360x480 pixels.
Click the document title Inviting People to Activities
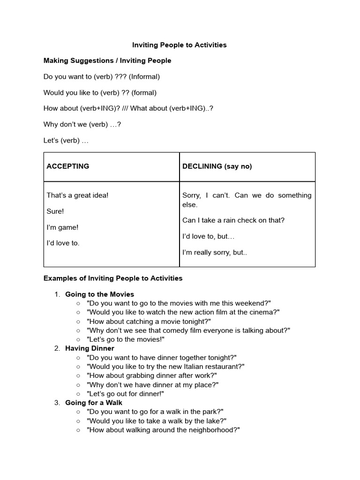179,45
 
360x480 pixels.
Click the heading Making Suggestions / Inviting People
107,60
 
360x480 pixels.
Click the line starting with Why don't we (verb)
82,124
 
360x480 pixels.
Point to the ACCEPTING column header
67,166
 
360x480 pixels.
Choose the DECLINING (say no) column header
217,166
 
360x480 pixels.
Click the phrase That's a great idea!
77,195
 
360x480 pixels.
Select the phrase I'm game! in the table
62,227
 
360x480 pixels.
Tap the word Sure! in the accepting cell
55,211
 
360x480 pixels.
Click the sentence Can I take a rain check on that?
233,220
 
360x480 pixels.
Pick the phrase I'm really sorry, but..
214,252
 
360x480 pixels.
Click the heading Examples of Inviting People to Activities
113,278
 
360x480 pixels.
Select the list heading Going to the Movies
99,294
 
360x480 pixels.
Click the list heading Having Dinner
90,348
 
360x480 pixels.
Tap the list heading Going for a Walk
94,403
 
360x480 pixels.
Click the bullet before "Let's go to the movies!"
78,339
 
